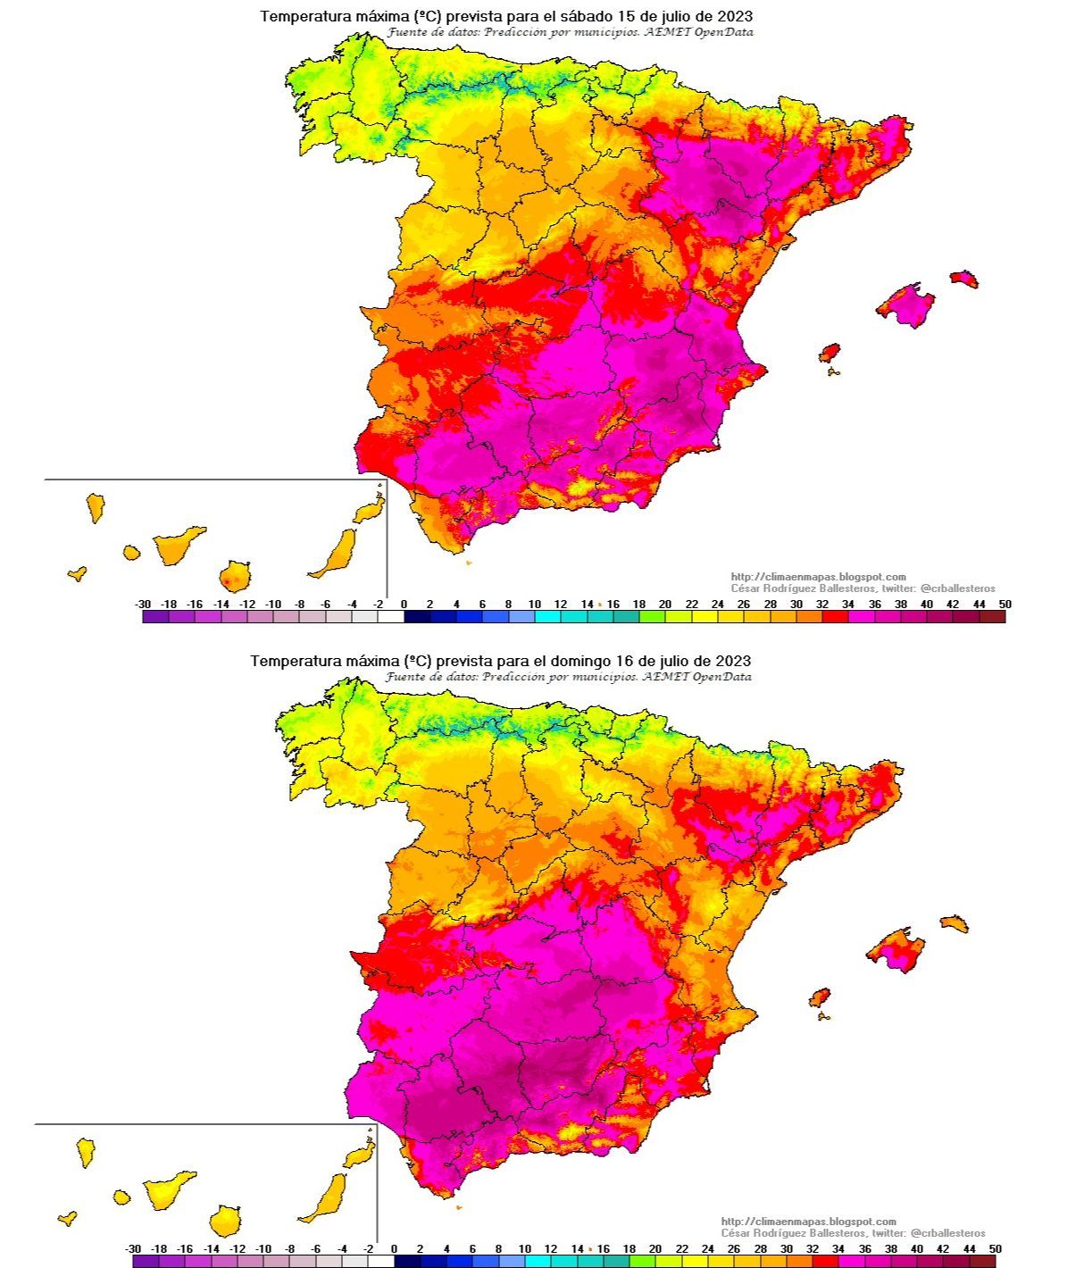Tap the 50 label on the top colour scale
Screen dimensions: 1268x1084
tap(1005, 605)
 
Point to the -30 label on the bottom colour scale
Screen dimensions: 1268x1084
tap(133, 1249)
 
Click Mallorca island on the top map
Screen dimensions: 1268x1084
tap(906, 305)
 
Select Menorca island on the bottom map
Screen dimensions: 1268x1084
tap(954, 923)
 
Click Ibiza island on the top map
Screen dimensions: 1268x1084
tap(830, 354)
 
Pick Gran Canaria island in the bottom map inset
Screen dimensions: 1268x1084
tap(225, 1220)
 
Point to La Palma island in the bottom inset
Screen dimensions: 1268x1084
tap(86, 1151)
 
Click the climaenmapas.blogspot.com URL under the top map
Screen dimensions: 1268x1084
tap(818, 577)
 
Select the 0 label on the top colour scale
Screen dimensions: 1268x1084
tap(404, 605)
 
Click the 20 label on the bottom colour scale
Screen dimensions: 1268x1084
tap(655, 1249)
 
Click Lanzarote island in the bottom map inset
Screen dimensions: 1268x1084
tap(360, 1154)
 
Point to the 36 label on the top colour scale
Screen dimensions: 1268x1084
tap(874, 605)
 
